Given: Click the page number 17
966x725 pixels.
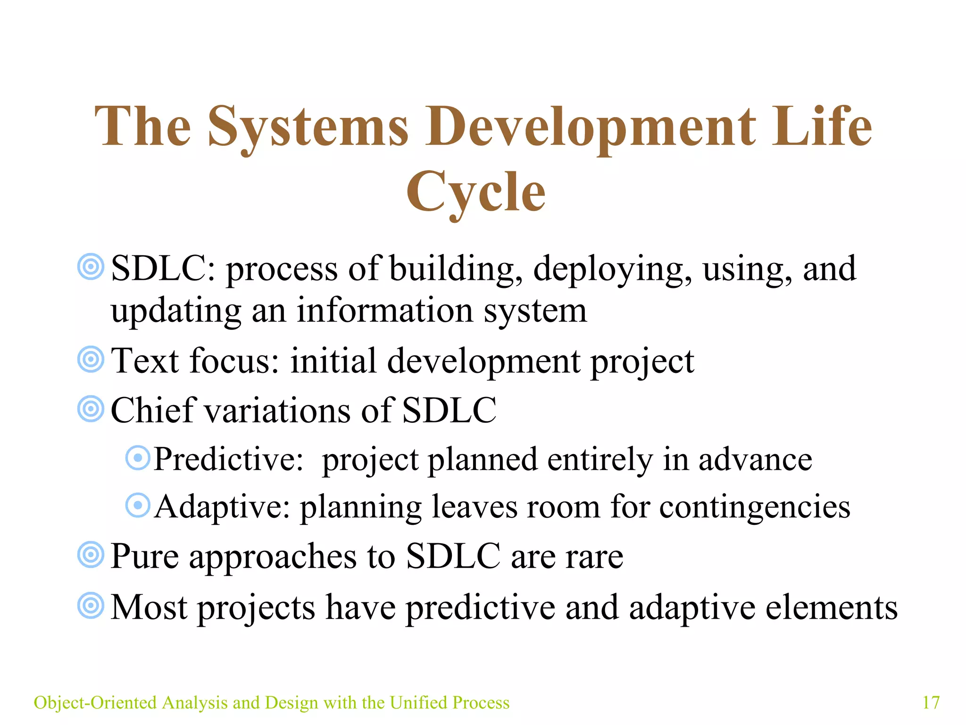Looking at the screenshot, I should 931,702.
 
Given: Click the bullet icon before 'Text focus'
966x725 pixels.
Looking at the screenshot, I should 91,359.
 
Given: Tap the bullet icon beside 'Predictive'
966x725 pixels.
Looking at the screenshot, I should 138,457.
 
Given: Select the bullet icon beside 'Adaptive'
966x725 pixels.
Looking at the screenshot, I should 138,505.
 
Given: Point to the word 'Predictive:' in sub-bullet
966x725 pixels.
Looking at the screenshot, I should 229,459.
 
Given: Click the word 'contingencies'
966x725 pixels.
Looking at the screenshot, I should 755,507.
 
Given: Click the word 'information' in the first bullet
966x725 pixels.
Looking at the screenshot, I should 384,311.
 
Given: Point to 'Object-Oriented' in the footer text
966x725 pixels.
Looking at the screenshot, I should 95,702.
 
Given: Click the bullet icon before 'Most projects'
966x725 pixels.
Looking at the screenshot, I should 91,605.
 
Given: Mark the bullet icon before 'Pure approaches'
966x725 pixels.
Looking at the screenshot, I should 91,555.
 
